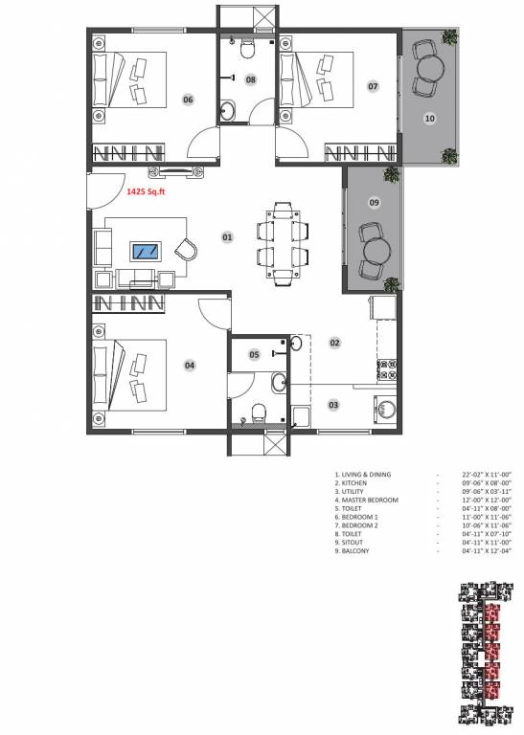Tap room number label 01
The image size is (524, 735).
(x=227, y=236)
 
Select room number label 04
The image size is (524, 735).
(x=190, y=365)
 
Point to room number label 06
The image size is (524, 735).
(x=188, y=100)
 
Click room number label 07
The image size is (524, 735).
(x=373, y=87)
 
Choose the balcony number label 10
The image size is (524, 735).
(x=430, y=119)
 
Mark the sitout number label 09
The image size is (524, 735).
(x=375, y=202)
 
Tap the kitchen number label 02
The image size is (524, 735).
(x=335, y=342)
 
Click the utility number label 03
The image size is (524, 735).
(x=333, y=405)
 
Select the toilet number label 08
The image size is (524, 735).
(x=250, y=79)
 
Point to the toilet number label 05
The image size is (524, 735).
(x=254, y=354)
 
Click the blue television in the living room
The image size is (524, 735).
(x=147, y=251)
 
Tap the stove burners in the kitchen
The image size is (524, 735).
(x=388, y=366)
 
